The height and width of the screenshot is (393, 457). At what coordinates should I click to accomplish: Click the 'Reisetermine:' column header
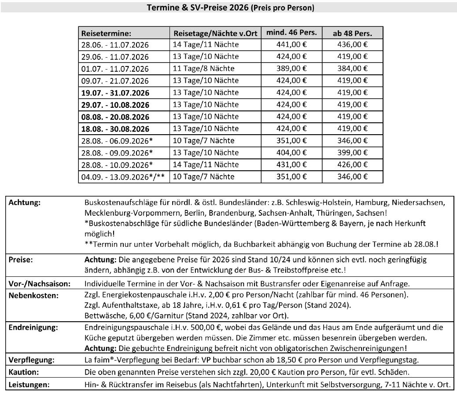(107, 33)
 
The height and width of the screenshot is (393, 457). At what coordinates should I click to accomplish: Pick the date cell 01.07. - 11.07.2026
(115, 69)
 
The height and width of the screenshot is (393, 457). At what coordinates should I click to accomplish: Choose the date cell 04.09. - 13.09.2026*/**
(123, 177)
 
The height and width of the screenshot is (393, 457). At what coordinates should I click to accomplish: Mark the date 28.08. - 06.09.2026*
(117, 141)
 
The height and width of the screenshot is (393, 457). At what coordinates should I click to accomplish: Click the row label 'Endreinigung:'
(30, 327)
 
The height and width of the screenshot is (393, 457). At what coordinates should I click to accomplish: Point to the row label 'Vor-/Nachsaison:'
(40, 284)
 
